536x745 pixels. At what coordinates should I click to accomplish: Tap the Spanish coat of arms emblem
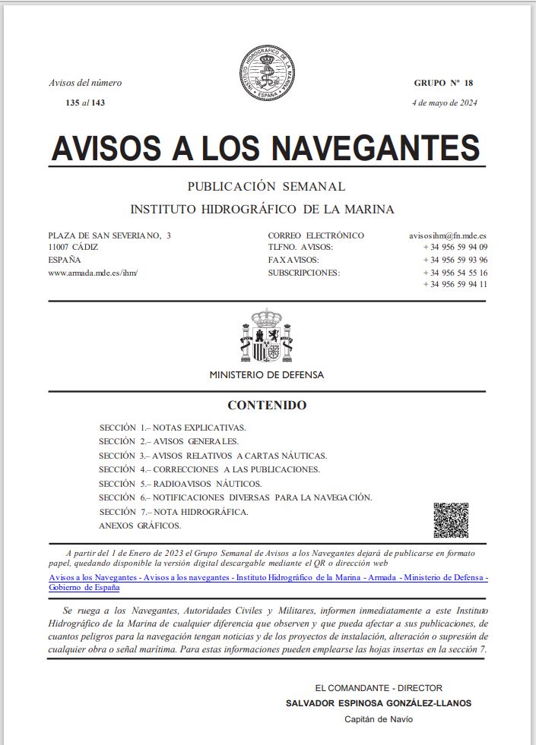[x=266, y=336]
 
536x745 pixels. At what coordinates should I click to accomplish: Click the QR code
[x=451, y=520]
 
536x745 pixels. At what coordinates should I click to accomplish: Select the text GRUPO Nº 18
[x=443, y=83]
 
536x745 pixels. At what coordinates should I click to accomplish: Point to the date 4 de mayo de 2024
[x=444, y=103]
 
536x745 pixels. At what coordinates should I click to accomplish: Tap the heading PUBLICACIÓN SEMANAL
[x=266, y=186]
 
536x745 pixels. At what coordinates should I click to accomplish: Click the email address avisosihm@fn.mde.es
[x=448, y=235]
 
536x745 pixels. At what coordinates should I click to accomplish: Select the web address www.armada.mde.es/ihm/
[x=93, y=272]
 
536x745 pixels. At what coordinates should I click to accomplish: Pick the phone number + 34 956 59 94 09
[x=455, y=248]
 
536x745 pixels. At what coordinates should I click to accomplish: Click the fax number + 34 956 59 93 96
[x=455, y=260]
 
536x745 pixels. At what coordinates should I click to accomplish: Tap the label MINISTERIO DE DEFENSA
[x=267, y=375]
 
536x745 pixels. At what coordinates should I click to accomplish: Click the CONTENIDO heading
[x=267, y=406]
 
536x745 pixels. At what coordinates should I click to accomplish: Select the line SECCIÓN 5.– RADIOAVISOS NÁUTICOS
[x=180, y=484]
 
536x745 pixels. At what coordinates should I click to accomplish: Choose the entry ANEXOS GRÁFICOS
[x=141, y=526]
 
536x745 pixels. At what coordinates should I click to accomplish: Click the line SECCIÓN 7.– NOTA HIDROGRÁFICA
[x=173, y=512]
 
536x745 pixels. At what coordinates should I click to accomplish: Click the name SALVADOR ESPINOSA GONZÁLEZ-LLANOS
[x=378, y=703]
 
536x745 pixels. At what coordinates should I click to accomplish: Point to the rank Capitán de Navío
[x=379, y=719]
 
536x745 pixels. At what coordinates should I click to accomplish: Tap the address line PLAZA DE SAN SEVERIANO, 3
[x=109, y=235]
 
